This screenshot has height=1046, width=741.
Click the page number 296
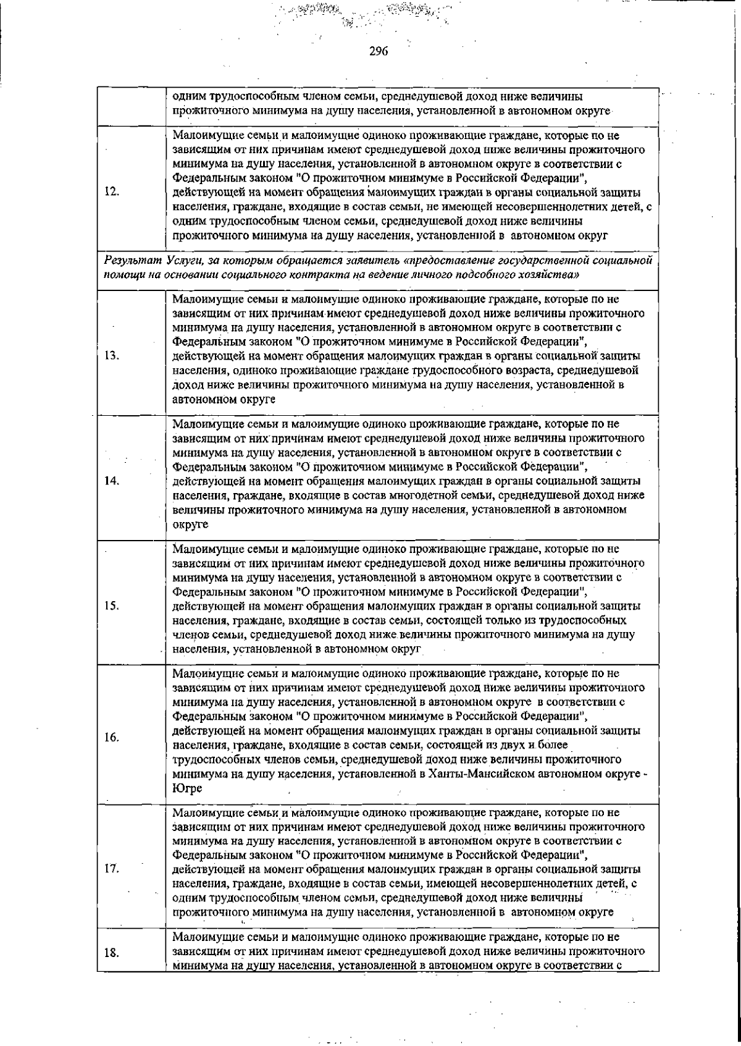(x=378, y=53)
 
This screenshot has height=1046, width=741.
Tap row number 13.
(x=112, y=356)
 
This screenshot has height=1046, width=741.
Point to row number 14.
(x=112, y=481)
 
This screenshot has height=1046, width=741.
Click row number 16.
(x=112, y=738)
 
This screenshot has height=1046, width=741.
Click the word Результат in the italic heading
(x=126, y=261)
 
